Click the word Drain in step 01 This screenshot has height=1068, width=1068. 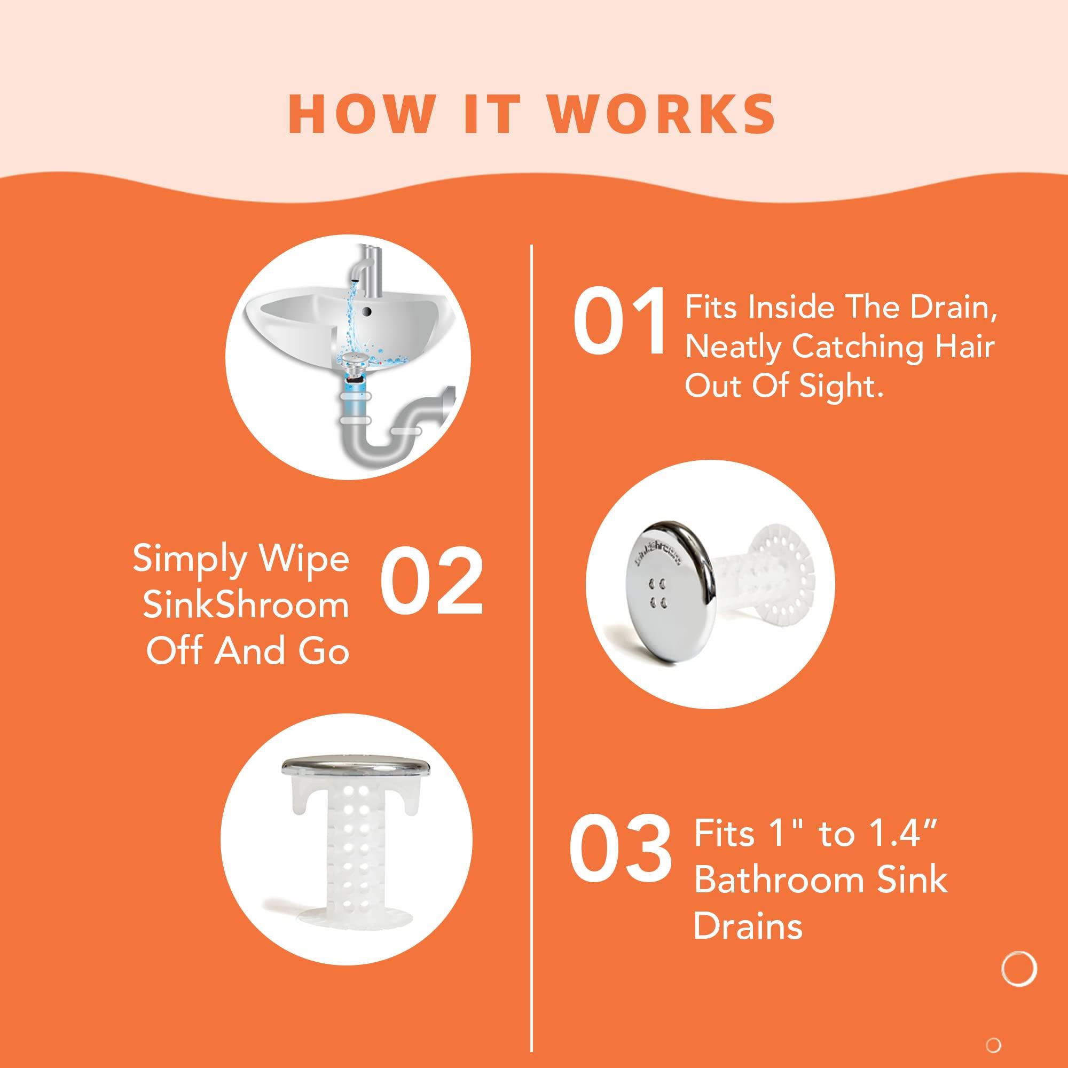click(953, 308)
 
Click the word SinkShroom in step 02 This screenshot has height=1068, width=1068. click(246, 606)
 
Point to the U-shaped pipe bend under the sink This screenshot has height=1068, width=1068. click(381, 442)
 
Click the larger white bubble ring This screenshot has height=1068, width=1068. click(1019, 969)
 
